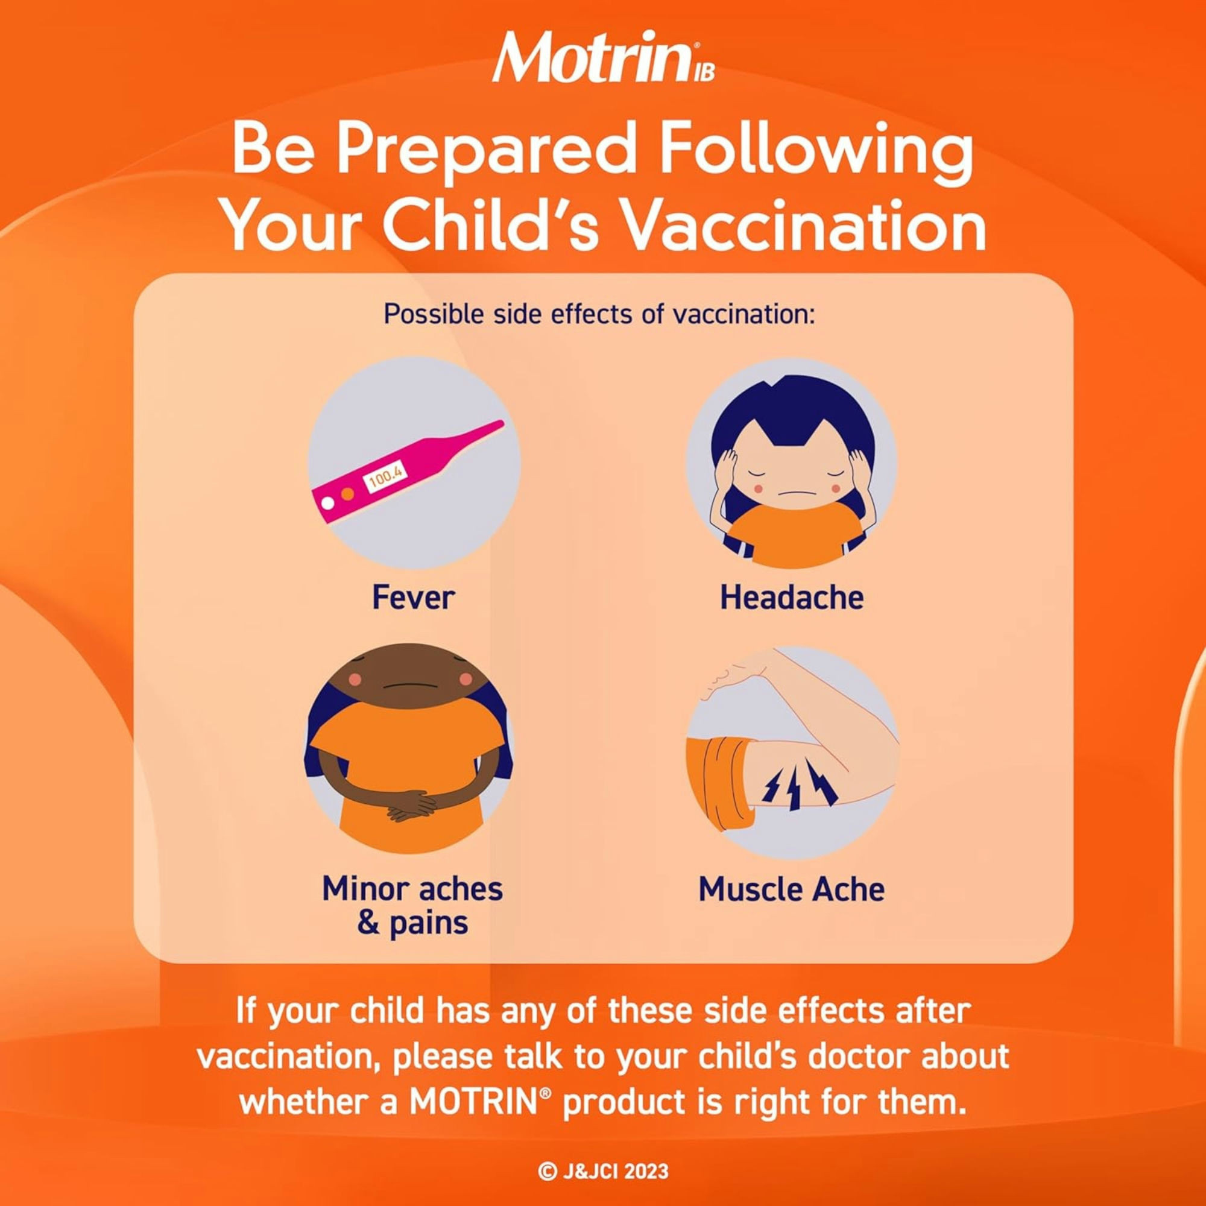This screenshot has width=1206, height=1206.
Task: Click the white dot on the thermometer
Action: coord(327,501)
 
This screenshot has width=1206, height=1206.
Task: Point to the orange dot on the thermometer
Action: coord(348,494)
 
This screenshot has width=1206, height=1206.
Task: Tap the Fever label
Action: coord(413,598)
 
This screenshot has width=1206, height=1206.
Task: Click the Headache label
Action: coord(792,598)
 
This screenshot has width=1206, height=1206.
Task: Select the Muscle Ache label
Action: coord(792,889)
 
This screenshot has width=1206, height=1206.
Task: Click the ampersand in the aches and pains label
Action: coord(368,923)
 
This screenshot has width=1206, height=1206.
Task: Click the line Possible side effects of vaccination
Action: coord(599,314)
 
